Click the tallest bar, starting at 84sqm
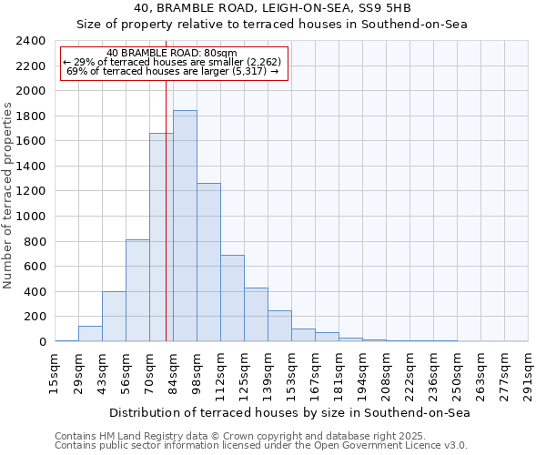pos(185,226)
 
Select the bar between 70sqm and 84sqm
pos(161,238)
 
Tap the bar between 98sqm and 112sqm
pos(208,262)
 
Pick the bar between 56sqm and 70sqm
pos(137,290)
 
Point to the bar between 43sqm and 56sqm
pos(114,317)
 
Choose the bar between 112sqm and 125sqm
pos(232,298)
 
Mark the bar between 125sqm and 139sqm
pos(256,315)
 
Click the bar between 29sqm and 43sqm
pos(90,334)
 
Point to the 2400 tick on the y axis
pos(32,41)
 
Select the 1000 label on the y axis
pos(32,217)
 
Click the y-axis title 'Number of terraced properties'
pos(8,196)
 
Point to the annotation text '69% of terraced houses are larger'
pos(173,71)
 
